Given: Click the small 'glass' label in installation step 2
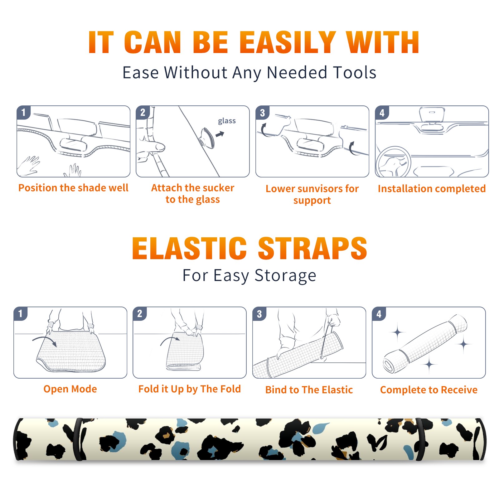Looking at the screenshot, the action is coord(227,121).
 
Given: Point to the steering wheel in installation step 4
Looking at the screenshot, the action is coord(393,162).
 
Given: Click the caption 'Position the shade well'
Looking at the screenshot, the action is coord(73,188).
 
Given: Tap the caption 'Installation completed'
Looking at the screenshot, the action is coord(432,189).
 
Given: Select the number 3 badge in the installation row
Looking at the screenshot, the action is coord(262,113).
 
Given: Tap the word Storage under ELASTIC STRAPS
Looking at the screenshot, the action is coord(285,276).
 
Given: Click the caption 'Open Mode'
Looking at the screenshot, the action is coord(70,389).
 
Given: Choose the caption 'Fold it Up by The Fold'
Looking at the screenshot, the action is coord(190,389).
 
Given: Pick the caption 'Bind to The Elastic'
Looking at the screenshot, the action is coord(309,390).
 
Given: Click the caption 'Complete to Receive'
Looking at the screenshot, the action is coord(429,390).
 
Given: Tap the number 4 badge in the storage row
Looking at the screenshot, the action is coord(379,314).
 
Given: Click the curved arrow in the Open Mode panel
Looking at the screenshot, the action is coord(45,339).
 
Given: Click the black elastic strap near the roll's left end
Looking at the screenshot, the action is coord(78,439).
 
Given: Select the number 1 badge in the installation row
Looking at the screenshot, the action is coord(23,113).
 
